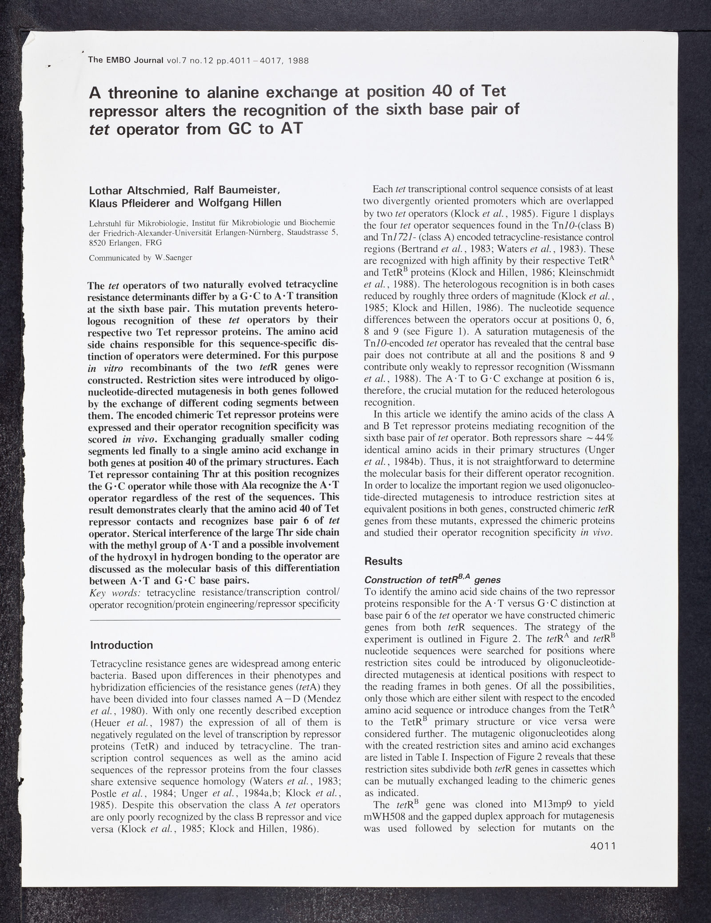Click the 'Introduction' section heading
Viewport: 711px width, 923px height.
121,644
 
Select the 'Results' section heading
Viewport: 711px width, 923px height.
383,561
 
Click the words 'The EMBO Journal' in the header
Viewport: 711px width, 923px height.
126,60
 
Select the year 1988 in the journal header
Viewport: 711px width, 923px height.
298,60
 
